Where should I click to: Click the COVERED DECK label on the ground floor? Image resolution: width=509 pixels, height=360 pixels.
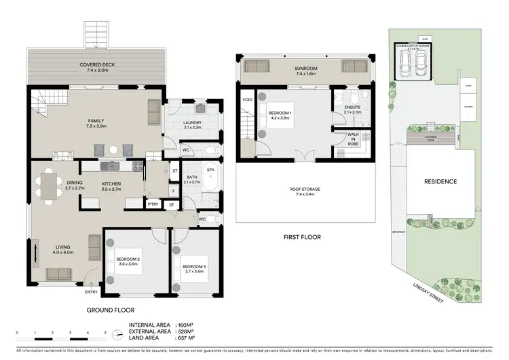click(95, 65)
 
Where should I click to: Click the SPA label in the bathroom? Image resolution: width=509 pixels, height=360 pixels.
click(210, 170)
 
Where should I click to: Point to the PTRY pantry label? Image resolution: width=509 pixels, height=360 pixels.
click(153, 204)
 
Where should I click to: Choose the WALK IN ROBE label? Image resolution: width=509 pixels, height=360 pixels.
click(353, 139)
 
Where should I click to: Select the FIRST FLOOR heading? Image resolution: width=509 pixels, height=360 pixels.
click(301, 237)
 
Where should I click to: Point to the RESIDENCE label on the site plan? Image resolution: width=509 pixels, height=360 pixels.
click(440, 182)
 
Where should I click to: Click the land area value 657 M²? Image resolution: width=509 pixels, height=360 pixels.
click(186, 338)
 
